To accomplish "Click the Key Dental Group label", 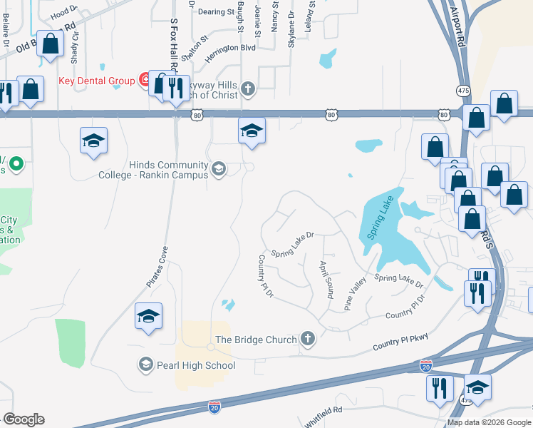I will tap(96, 81).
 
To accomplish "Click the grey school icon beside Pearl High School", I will tap(145, 365).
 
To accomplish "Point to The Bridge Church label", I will tap(257, 340).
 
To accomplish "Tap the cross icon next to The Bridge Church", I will tap(308, 339).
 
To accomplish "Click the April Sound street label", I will tap(327, 279).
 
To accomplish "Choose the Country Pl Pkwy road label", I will tap(400, 346).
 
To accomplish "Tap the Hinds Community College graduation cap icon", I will tap(219, 169).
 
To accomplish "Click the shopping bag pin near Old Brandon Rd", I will tap(51, 44).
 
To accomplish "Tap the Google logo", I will tap(24, 419).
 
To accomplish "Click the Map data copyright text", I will tap(489, 422).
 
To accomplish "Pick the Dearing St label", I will tap(216, 12).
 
